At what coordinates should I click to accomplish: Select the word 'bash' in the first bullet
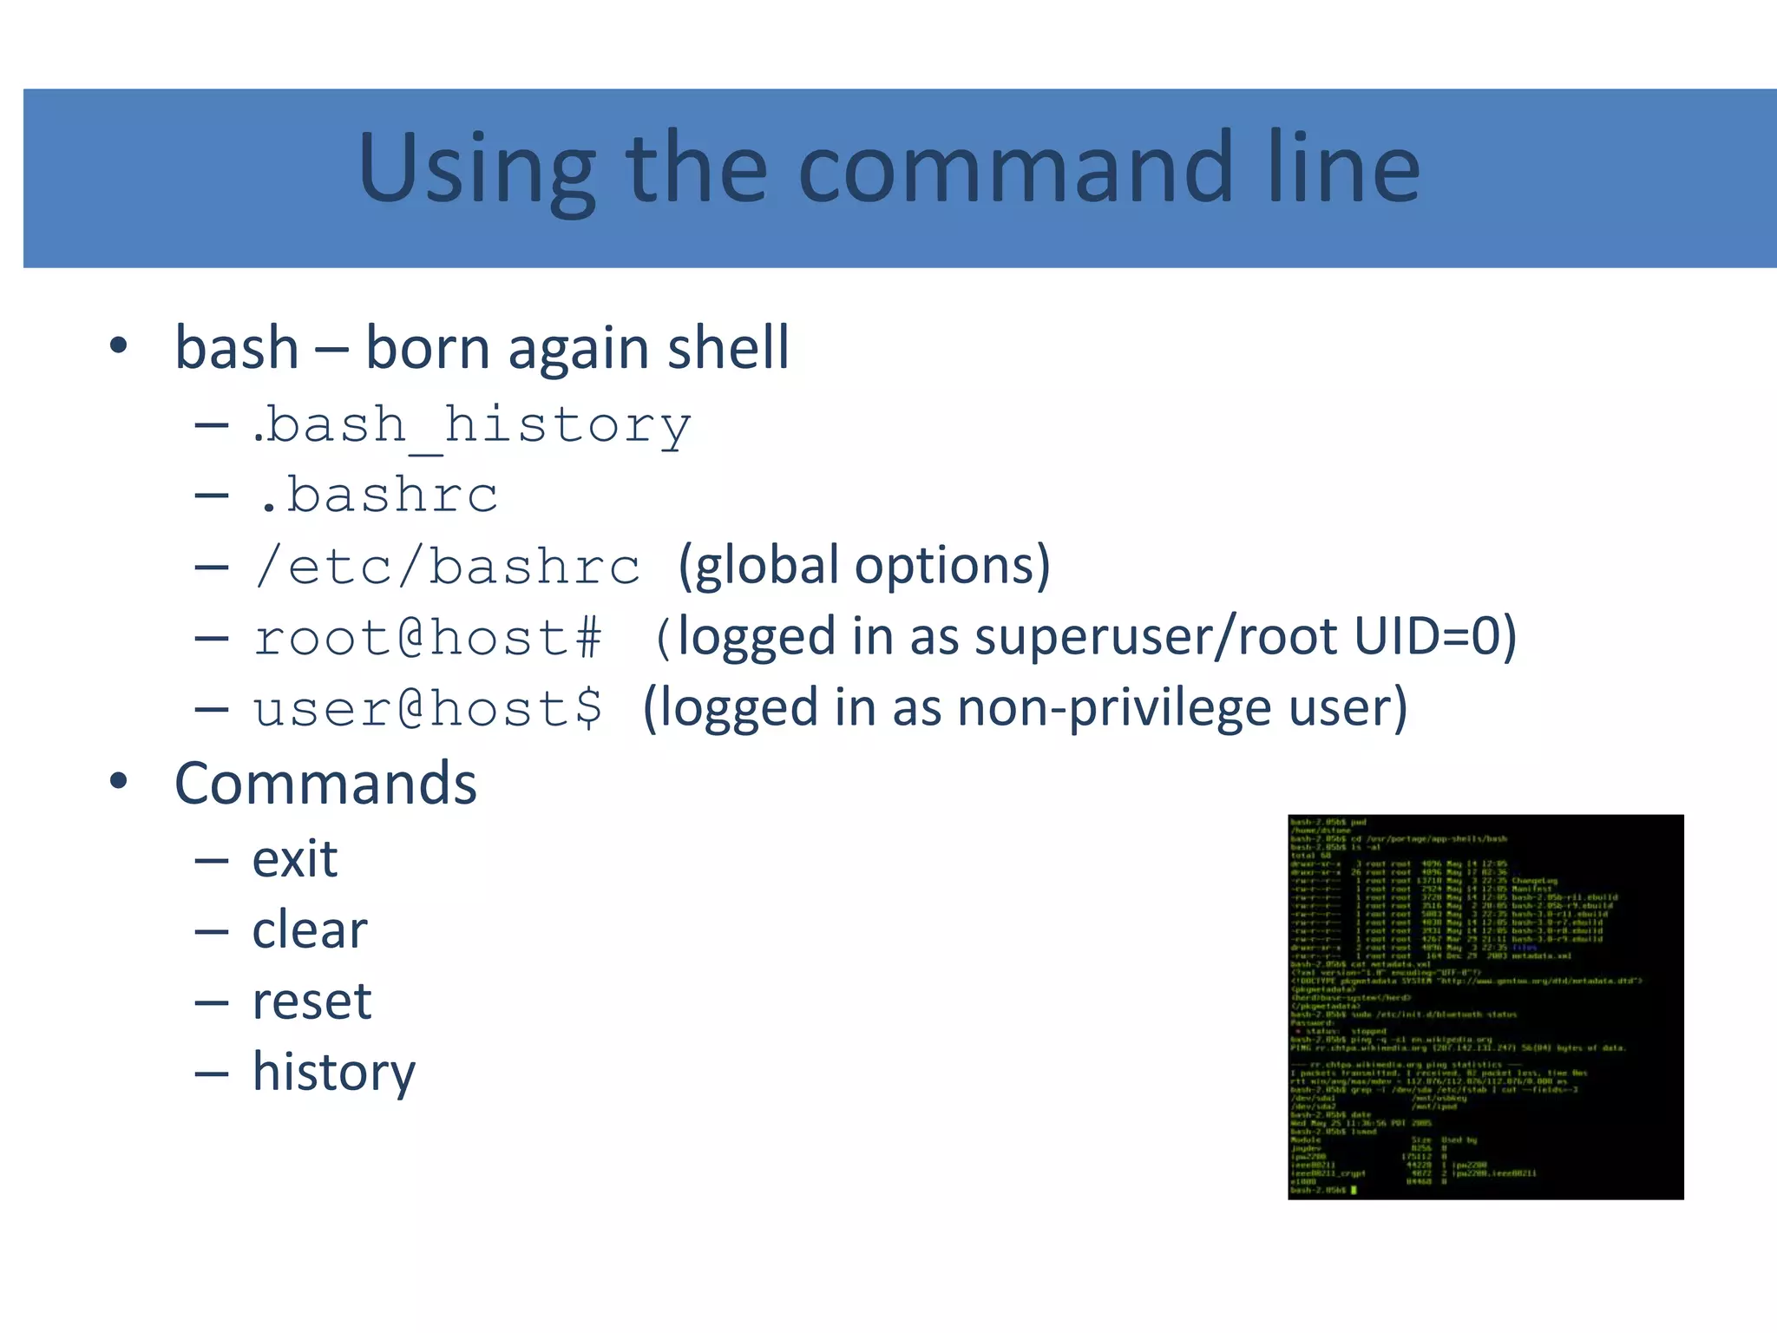(237, 348)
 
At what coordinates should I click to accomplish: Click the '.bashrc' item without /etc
(378, 496)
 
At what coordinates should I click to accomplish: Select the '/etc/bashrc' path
(448, 567)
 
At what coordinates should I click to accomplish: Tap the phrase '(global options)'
(863, 566)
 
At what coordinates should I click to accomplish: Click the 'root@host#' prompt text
(428, 638)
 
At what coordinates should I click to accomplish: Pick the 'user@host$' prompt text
(428, 709)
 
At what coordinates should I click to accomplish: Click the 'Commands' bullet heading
(325, 784)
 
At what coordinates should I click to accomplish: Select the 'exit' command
(294, 859)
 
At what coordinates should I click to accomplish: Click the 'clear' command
(310, 930)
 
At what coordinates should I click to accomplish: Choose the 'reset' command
(311, 1001)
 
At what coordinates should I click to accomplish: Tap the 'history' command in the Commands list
(334, 1073)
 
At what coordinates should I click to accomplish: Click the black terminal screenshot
(1485, 1007)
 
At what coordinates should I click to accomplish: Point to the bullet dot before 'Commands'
(119, 781)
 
